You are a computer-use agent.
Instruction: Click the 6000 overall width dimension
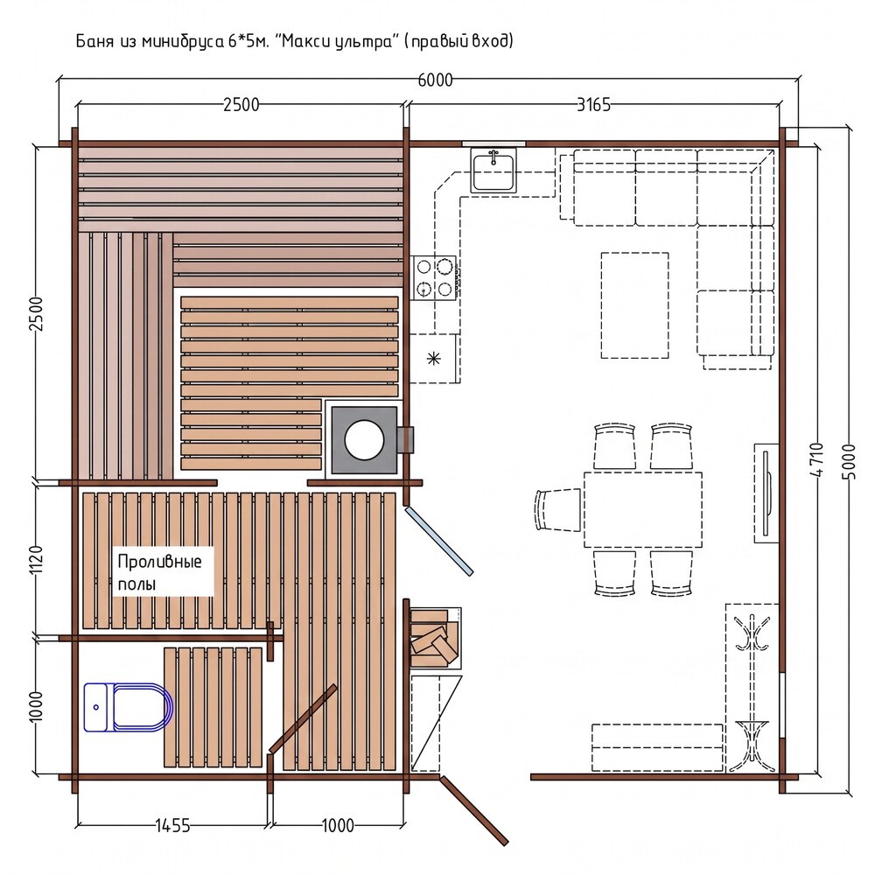(435, 80)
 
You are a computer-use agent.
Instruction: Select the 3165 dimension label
(593, 104)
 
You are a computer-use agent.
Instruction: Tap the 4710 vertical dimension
(815, 459)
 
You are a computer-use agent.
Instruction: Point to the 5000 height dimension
(848, 461)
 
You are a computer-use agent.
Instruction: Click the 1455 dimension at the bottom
(172, 825)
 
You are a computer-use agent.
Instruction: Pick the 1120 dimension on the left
(35, 560)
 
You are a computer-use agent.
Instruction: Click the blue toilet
(129, 707)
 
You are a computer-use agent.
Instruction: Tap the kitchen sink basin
(493, 171)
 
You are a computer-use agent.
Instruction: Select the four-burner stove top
(434, 277)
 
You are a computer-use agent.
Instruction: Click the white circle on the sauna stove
(364, 440)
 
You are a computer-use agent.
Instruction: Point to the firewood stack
(435, 637)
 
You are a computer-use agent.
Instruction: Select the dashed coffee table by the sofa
(634, 305)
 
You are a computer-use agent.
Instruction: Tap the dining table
(643, 509)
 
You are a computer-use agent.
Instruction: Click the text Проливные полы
(159, 572)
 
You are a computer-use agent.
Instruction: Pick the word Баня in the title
(94, 41)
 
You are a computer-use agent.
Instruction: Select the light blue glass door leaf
(439, 541)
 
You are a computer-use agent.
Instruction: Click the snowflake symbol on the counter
(434, 358)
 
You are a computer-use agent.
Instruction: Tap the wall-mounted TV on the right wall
(766, 493)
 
